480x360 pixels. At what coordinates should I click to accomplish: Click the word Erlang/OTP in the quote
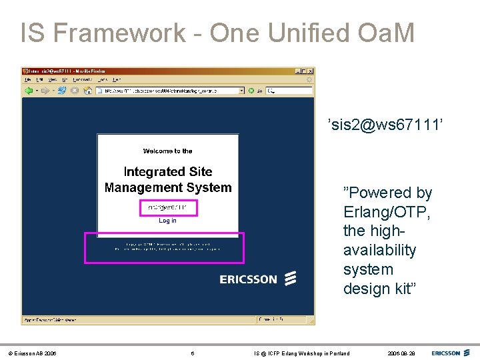(x=387, y=212)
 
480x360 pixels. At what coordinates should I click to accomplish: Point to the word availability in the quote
(x=379, y=251)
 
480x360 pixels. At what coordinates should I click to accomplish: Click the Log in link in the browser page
(x=167, y=221)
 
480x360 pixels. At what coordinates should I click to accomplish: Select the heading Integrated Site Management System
(x=168, y=180)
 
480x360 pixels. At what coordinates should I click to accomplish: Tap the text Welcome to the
(x=167, y=151)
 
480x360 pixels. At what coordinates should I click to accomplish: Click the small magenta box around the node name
(x=168, y=207)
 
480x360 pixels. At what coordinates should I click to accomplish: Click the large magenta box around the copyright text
(x=164, y=247)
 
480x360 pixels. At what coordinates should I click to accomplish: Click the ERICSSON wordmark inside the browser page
(x=248, y=279)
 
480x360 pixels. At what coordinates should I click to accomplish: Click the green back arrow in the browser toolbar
(x=29, y=90)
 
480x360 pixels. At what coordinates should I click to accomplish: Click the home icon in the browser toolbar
(x=87, y=90)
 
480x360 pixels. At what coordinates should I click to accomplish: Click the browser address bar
(x=170, y=90)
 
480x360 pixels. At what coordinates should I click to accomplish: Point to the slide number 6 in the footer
(x=192, y=353)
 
